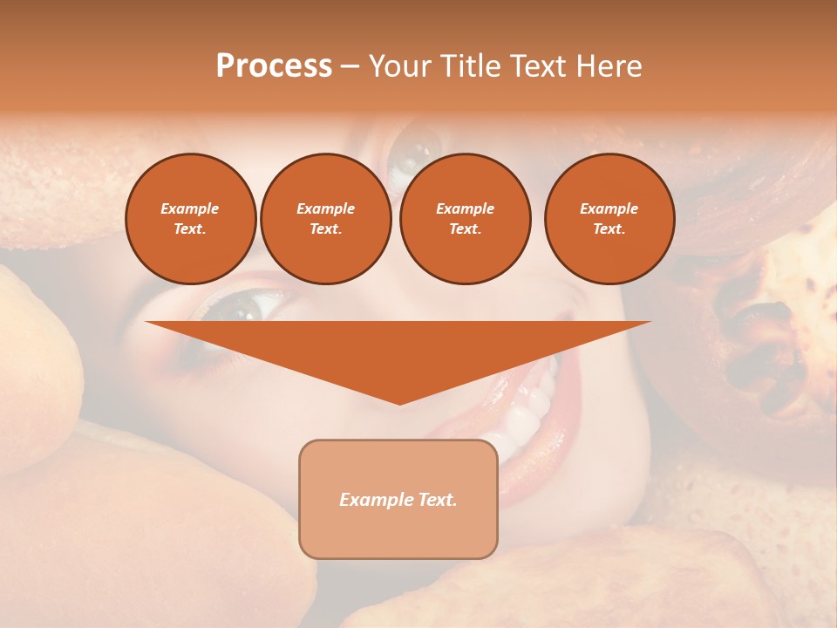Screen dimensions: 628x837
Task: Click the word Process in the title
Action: [x=274, y=66]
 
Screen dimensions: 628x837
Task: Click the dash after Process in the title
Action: [x=350, y=67]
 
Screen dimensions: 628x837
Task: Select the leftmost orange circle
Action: [x=190, y=219]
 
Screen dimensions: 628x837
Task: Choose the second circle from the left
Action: [x=325, y=219]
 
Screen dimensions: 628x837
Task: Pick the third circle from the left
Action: [x=465, y=219]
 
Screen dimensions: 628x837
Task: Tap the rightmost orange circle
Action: [x=609, y=219]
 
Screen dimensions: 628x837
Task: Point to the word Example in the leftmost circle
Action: [x=190, y=208]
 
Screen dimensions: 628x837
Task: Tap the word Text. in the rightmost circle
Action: [x=609, y=229]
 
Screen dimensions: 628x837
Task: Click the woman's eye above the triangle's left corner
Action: [x=236, y=305]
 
